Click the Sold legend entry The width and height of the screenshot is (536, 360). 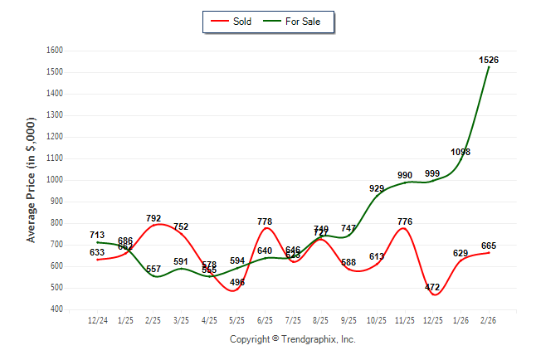click(238, 22)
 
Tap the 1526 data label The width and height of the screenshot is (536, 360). click(489, 60)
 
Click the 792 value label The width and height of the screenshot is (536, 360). click(153, 219)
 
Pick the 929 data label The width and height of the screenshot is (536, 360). click(377, 188)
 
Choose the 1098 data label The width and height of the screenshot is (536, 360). click(460, 152)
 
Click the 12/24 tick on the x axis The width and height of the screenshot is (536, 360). click(98, 319)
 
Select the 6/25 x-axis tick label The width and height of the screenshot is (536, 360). click(266, 319)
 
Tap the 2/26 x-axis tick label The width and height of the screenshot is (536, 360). click(489, 319)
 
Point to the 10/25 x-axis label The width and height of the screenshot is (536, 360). click(377, 319)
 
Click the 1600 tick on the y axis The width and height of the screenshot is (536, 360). click(54, 51)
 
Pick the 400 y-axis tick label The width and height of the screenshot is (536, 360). click(56, 309)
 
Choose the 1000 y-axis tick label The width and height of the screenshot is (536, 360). click(54, 180)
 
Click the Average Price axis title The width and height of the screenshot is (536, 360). click(32, 180)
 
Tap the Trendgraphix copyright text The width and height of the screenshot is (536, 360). click(292, 339)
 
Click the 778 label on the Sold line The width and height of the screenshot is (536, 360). click(266, 221)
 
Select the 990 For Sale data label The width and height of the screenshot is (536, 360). click(405, 175)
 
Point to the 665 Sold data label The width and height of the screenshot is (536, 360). click(489, 246)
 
